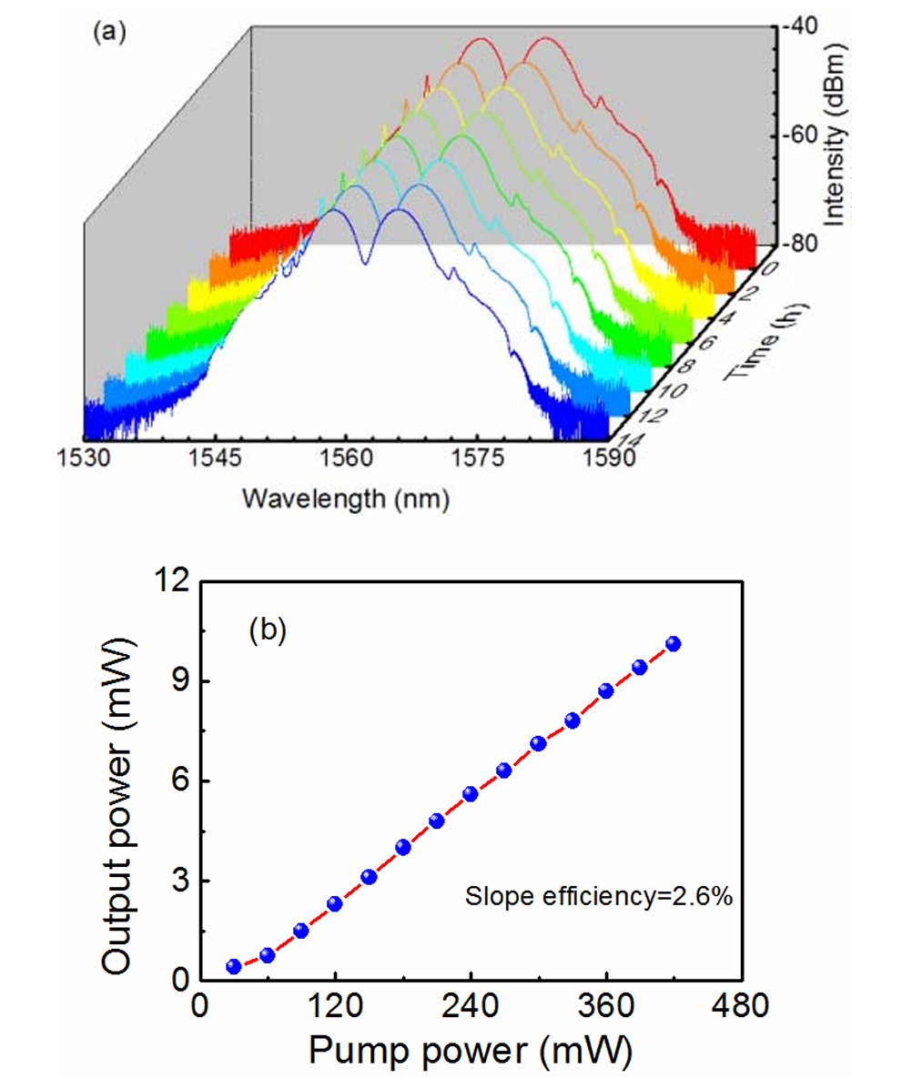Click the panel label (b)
click(268, 629)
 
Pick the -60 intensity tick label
click(799, 136)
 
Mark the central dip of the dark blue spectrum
click(365, 262)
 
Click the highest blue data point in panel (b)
click(674, 643)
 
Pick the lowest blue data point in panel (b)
click(234, 966)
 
